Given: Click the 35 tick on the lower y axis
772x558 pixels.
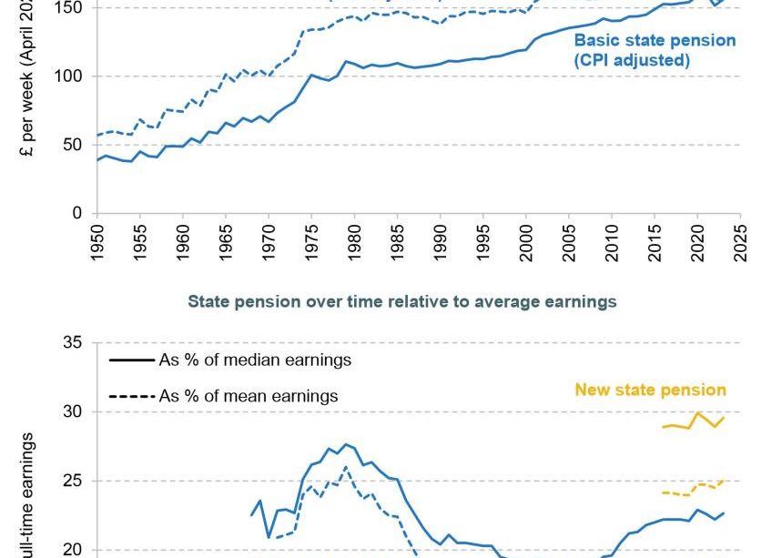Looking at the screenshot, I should (x=75, y=343).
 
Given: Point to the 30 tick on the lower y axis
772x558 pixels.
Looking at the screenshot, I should (x=75, y=412).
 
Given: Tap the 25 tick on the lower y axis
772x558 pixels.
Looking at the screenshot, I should (x=75, y=481).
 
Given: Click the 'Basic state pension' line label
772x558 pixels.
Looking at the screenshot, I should (x=655, y=41).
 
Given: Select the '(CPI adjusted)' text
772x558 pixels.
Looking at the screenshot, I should (x=631, y=61).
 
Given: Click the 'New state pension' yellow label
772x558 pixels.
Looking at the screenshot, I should (x=650, y=390).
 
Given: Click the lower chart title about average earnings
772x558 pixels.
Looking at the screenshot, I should (x=401, y=301).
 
